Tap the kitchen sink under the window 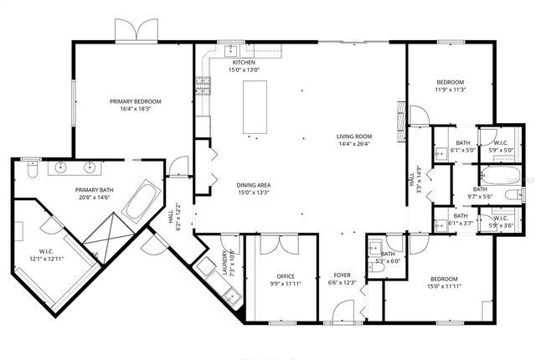[228, 49]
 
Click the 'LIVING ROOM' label [354, 136]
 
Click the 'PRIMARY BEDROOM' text [135, 101]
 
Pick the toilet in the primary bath [32, 170]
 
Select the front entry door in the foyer [342, 315]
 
